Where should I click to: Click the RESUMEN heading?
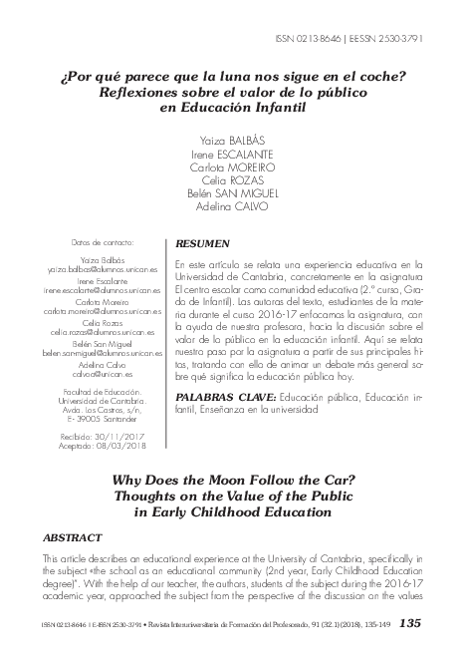point(202,243)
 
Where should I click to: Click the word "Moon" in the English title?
point(253,478)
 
